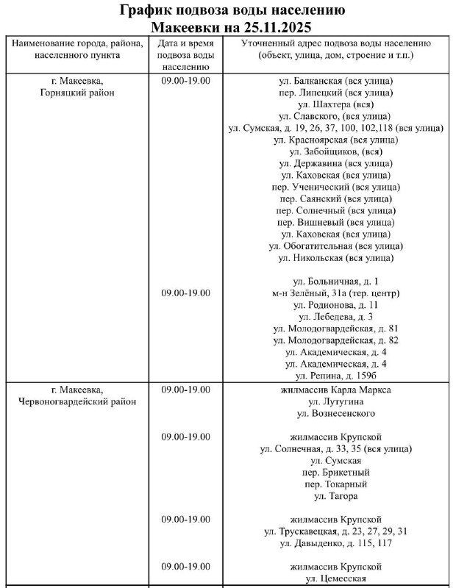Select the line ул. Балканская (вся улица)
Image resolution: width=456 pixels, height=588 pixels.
click(x=335, y=80)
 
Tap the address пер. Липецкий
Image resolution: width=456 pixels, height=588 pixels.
click(x=335, y=93)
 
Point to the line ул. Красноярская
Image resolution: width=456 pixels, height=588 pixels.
click(x=335, y=140)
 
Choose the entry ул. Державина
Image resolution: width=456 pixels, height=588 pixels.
click(x=335, y=163)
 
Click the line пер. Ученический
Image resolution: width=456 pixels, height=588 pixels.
click(x=335, y=187)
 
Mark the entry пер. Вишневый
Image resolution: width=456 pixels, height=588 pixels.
click(x=335, y=222)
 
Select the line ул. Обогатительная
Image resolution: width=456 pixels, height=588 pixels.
click(x=335, y=245)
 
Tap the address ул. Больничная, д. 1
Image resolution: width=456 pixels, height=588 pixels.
click(x=335, y=281)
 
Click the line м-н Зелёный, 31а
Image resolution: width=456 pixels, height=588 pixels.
click(x=335, y=293)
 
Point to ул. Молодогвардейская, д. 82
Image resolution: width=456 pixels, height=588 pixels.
click(x=335, y=340)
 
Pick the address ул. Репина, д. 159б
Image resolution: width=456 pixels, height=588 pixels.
click(x=335, y=376)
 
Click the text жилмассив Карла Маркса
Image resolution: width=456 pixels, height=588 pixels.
click(x=335, y=390)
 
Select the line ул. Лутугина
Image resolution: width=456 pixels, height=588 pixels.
click(x=335, y=402)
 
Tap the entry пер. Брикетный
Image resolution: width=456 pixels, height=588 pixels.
click(x=335, y=472)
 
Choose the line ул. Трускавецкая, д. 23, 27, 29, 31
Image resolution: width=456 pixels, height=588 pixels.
click(x=335, y=531)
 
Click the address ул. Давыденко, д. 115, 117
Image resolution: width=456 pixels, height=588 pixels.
click(x=335, y=543)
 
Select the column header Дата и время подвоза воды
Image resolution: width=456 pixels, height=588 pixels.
click(x=186, y=49)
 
